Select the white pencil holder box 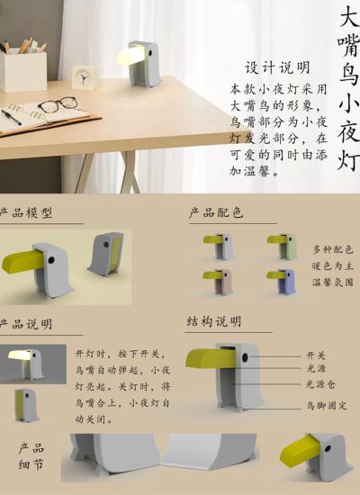(24, 70)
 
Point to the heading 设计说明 (278, 68)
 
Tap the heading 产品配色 (216, 213)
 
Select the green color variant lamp (281, 246)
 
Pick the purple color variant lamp (281, 280)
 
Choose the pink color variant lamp (218, 280)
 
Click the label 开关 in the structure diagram (315, 355)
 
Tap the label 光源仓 (319, 384)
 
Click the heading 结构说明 (214, 322)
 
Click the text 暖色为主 (333, 265)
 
